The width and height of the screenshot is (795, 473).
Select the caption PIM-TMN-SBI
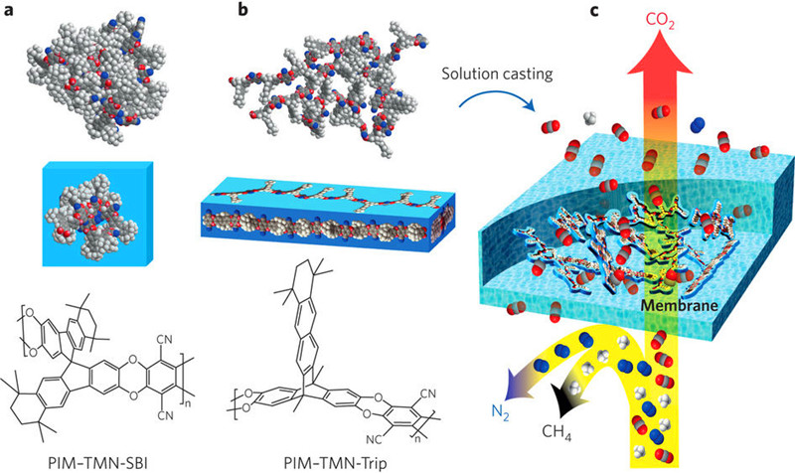pyautogui.click(x=97, y=455)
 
